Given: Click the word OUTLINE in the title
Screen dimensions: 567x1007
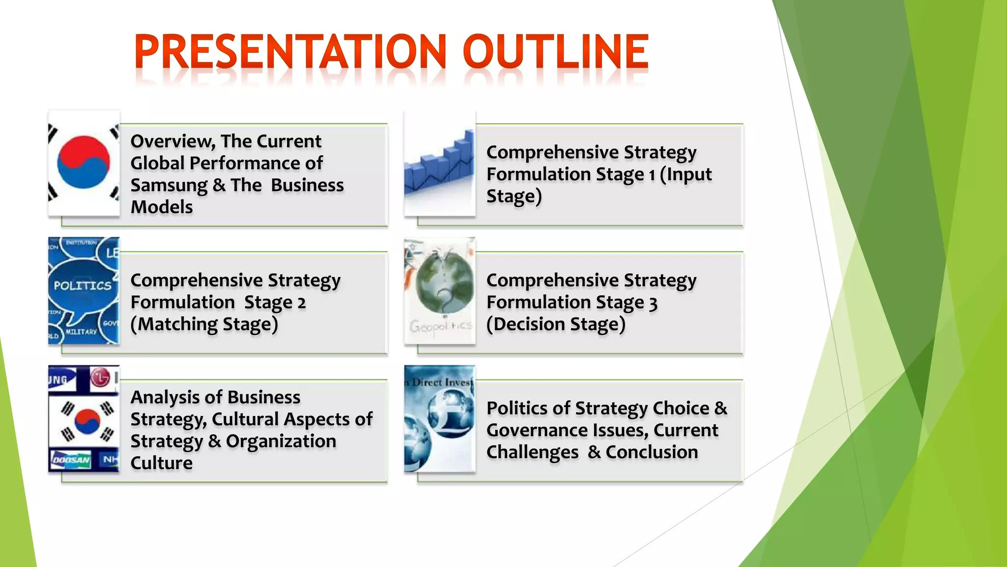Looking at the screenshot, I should (556, 52).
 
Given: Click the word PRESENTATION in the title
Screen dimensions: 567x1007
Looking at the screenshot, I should (290, 52).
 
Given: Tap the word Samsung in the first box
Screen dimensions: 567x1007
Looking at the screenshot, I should (169, 186).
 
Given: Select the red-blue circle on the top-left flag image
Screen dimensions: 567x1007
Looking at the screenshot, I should (83, 162).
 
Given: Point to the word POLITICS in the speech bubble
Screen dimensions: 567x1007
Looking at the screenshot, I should (83, 285).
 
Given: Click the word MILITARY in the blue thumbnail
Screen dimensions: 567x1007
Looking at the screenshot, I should (81, 332).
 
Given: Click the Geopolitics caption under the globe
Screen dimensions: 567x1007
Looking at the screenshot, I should (441, 326).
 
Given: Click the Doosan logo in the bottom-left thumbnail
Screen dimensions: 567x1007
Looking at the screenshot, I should (71, 460).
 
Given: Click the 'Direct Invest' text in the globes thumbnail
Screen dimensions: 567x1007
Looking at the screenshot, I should (442, 382).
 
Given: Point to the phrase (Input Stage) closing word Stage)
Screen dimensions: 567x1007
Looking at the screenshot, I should (514, 196).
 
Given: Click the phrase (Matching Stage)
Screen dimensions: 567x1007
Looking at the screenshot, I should (204, 324).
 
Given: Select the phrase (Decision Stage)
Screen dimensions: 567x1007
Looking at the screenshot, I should (556, 324).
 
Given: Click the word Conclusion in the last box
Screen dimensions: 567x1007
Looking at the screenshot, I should (652, 452).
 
